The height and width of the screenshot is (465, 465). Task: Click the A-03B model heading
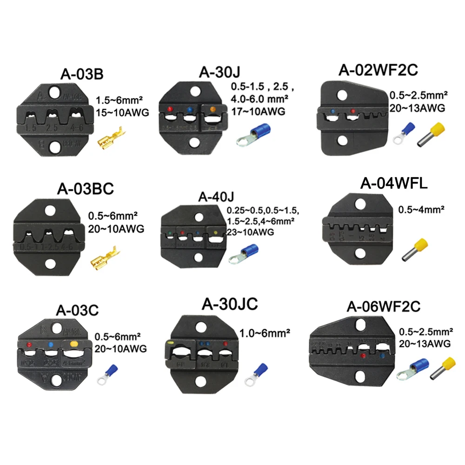coord(82,74)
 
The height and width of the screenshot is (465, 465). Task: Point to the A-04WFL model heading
coord(394,184)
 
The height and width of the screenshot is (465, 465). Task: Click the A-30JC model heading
coord(230,304)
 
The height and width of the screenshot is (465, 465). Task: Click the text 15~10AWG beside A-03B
coord(122,112)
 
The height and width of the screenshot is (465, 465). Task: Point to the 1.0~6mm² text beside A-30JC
coord(265,333)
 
